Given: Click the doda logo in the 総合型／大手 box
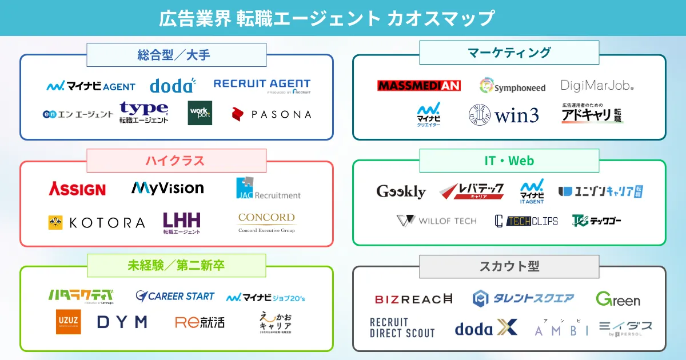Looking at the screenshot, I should [x=173, y=86].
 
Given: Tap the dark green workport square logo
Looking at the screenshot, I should [x=200, y=113].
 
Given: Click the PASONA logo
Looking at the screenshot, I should [x=272, y=114].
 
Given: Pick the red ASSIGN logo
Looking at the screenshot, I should [x=77, y=189].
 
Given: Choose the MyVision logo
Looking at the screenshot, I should [x=167, y=188].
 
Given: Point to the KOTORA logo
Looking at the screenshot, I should [x=97, y=223].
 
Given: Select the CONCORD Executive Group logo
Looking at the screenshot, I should [x=266, y=222].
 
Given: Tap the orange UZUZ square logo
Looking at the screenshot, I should [x=68, y=322].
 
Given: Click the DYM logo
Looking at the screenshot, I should [x=122, y=322].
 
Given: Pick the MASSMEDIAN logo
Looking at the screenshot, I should [x=419, y=86].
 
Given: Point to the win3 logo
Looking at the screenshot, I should [x=504, y=115].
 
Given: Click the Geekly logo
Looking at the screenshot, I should [x=401, y=191].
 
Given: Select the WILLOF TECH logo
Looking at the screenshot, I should [x=436, y=221].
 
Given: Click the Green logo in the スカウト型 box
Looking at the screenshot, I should [x=618, y=299].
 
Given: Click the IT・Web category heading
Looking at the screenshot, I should [x=509, y=161].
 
